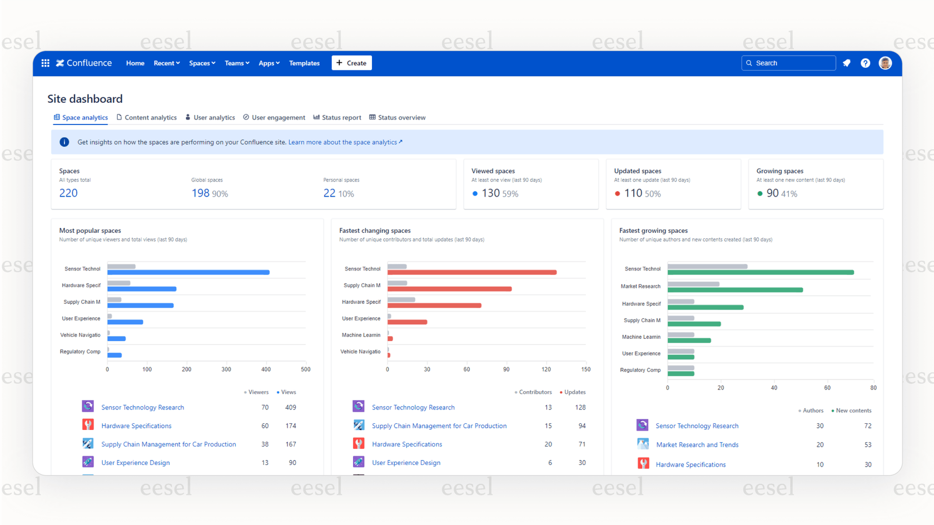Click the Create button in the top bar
click(351, 63)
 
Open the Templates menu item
click(304, 63)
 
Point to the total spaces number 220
click(68, 193)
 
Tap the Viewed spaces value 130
click(490, 193)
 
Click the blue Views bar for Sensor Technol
click(189, 272)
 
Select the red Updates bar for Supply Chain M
click(450, 289)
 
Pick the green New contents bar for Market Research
click(735, 290)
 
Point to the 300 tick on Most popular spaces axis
click(226, 369)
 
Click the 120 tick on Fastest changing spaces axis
click(546, 369)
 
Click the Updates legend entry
click(574, 392)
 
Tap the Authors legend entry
click(812, 411)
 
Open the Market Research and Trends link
click(697, 444)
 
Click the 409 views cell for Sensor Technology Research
click(290, 407)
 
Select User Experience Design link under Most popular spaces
click(136, 462)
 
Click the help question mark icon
click(865, 63)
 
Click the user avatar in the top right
click(885, 63)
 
